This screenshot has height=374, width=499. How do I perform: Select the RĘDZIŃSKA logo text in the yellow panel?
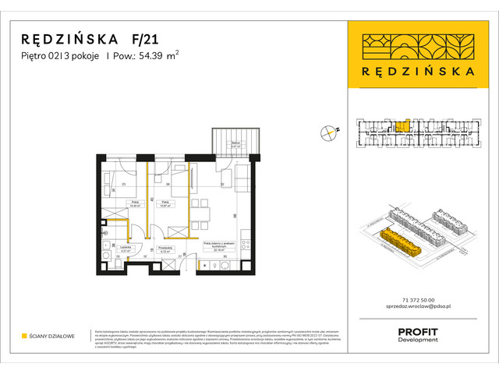point(414,69)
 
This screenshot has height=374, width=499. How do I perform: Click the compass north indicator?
point(329,133)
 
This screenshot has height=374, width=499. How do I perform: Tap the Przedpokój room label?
point(165,249)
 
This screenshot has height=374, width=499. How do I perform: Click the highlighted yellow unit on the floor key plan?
point(402,125)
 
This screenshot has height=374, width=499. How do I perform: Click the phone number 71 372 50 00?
point(413,301)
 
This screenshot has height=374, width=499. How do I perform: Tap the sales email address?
point(413,309)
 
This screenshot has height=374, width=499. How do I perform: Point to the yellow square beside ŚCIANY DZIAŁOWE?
point(25,336)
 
